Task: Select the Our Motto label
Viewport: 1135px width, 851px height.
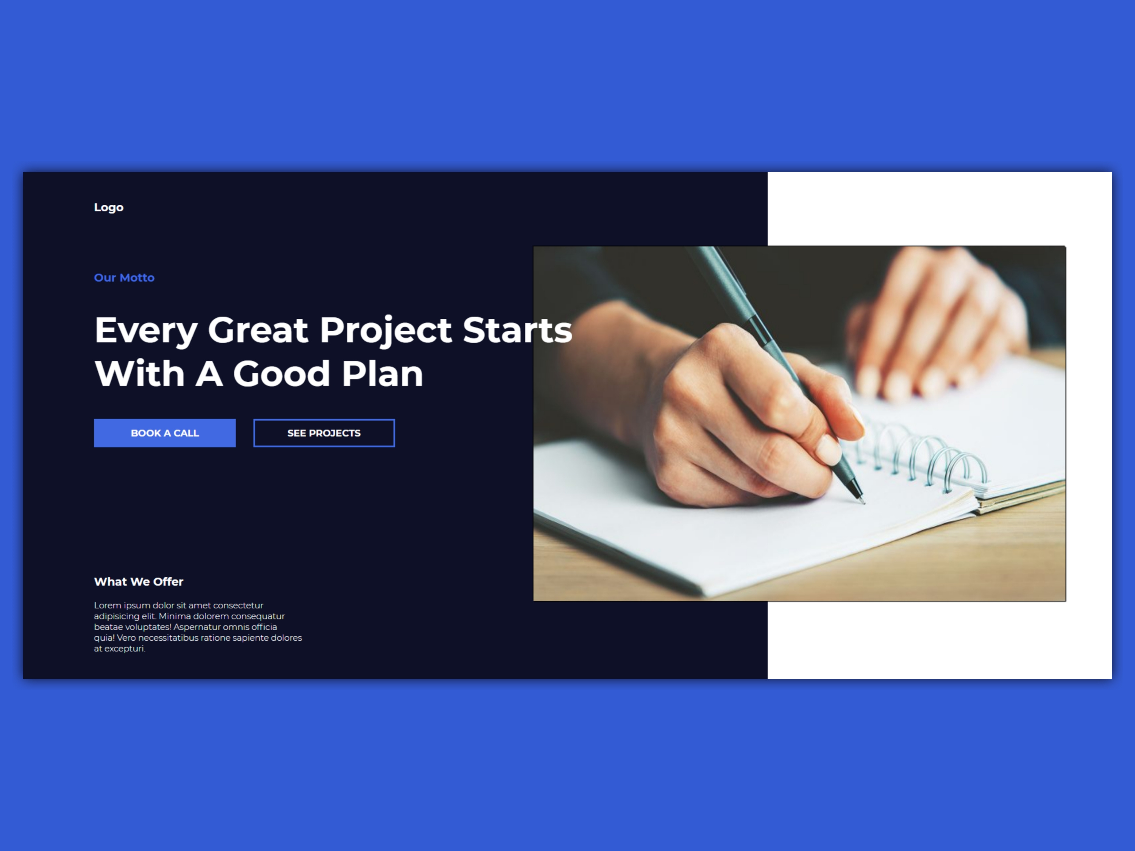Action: (124, 277)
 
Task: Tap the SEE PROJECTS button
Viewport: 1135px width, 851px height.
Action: (324, 433)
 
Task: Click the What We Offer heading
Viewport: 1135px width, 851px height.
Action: (138, 582)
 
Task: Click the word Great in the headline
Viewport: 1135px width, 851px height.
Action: (258, 330)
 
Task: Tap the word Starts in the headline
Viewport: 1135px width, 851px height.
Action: (517, 330)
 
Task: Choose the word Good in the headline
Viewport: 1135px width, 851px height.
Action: (281, 373)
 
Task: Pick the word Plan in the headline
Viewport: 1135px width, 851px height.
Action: (382, 373)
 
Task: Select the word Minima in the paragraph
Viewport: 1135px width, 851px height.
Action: (175, 616)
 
